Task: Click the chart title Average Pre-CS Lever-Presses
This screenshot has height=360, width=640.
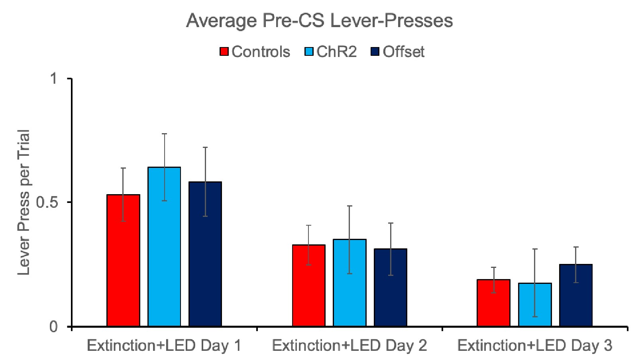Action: coord(320,21)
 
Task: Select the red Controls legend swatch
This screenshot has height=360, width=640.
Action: coord(224,51)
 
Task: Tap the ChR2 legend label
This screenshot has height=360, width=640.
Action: coord(336,51)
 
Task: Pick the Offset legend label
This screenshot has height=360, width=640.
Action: coord(403,51)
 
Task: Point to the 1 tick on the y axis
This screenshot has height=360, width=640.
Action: coord(54,79)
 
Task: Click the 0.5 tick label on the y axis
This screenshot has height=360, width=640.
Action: coord(47,203)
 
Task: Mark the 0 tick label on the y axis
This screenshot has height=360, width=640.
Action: coord(54,327)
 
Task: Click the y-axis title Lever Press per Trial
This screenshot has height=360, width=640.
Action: coord(24,203)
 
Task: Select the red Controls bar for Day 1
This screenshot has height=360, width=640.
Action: coord(123,260)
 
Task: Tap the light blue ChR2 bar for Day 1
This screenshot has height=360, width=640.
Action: coord(164,247)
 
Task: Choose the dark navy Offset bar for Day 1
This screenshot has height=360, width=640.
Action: coord(205,254)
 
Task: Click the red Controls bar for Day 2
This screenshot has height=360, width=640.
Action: coord(308,285)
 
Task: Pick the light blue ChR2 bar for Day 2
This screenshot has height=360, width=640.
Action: coord(349,283)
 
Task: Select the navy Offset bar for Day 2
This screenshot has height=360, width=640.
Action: coord(391,287)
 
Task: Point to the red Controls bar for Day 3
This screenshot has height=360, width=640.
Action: coord(493,303)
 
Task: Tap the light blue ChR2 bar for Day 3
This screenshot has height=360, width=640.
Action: coord(535,305)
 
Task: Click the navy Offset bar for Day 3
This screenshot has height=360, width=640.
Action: coord(576,295)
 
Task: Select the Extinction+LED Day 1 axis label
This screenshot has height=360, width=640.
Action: coord(164,345)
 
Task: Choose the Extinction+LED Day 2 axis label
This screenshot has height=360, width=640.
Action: coord(349,345)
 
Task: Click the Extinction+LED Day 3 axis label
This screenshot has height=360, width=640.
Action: coord(535,345)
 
